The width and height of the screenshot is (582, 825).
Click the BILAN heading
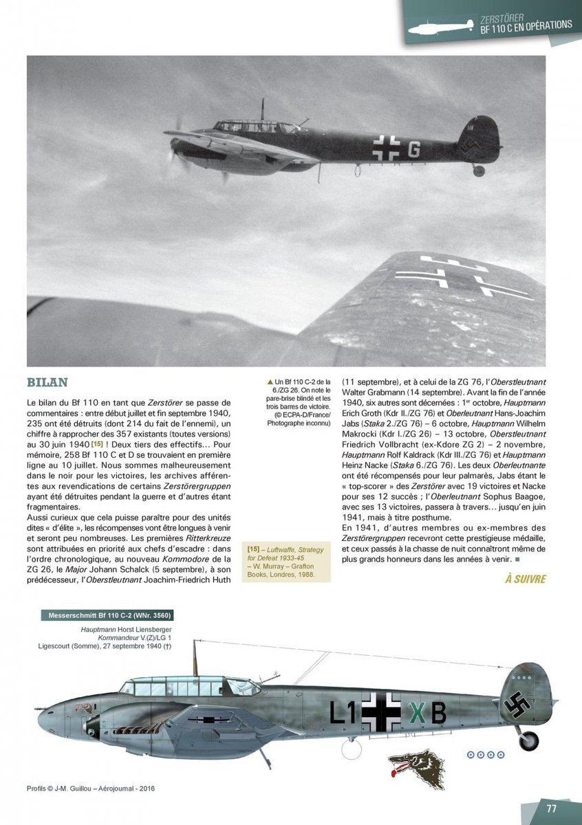47,382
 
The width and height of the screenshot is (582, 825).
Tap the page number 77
551,808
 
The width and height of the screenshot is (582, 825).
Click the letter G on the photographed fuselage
413,149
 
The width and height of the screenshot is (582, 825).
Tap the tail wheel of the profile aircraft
528,740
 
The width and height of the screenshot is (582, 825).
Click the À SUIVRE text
525,579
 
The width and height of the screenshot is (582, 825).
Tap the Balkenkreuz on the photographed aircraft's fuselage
382,146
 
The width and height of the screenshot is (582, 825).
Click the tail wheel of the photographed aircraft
478,170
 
